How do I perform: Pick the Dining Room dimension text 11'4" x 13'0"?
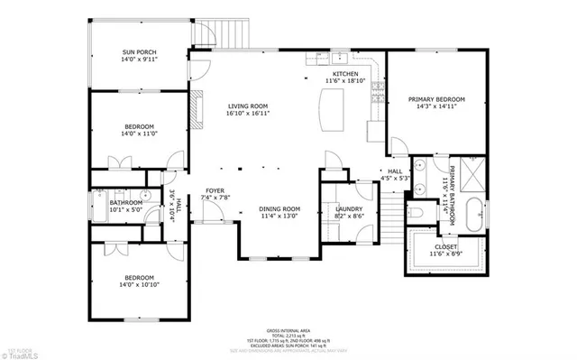click(279, 217)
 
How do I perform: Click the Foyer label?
click(215, 192)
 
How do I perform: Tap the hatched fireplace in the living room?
click(191, 106)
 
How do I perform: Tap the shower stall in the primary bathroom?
click(472, 171)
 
